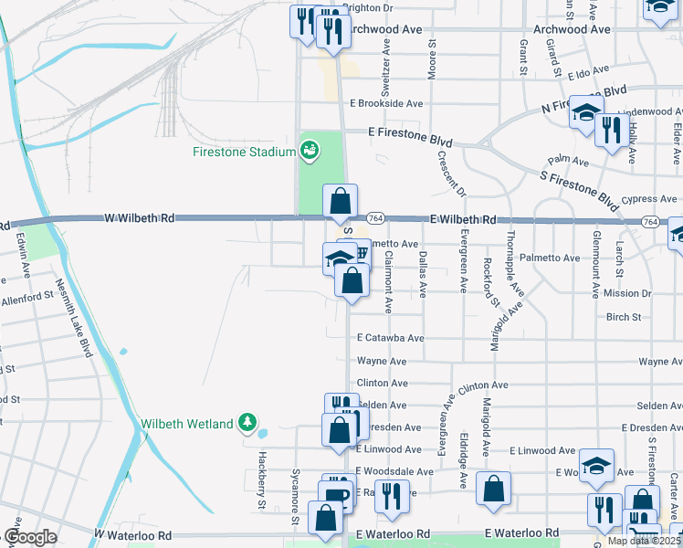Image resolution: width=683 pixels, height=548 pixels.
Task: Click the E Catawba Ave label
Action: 391,338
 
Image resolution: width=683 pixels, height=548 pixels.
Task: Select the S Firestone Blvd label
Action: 580,185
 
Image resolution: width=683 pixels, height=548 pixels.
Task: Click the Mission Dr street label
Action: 627,294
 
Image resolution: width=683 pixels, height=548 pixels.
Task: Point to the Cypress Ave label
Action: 651,199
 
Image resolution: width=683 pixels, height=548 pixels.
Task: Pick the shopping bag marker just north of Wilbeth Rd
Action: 340,200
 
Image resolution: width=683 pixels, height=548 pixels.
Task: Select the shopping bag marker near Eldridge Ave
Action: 493,489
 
